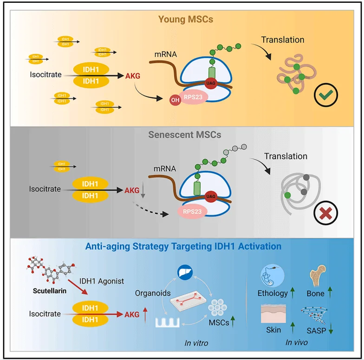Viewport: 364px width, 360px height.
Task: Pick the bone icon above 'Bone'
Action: (x=318, y=276)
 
